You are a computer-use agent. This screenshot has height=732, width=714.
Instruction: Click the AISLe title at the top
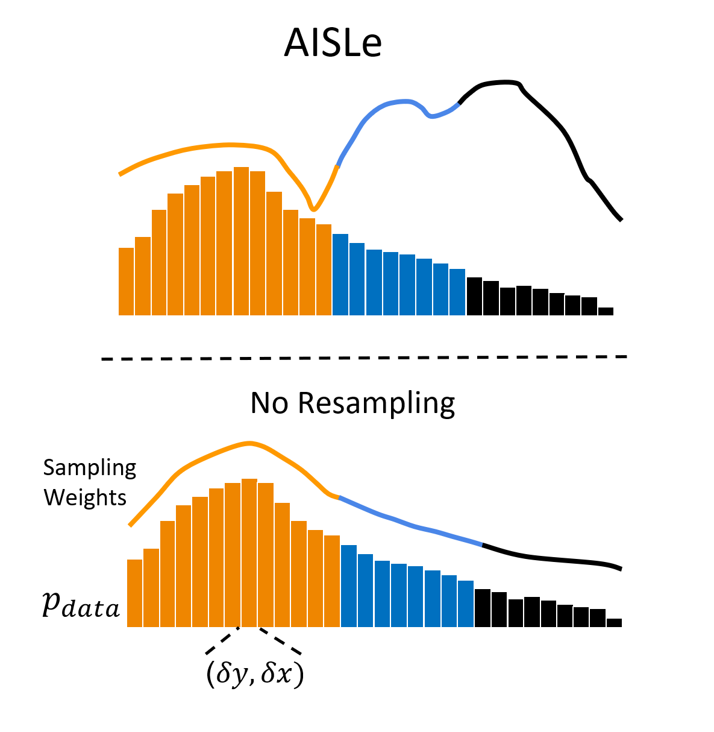click(x=333, y=43)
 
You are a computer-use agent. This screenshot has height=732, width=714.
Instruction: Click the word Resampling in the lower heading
click(x=376, y=404)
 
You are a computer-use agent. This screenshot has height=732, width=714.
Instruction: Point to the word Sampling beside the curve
click(x=90, y=468)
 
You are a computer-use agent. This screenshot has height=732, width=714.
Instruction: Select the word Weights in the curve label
click(x=85, y=498)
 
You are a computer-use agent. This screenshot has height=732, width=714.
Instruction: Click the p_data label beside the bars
click(x=81, y=605)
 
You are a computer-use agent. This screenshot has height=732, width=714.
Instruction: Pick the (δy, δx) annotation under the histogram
click(x=254, y=674)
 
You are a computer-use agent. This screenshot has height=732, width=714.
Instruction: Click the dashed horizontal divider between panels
click(x=364, y=358)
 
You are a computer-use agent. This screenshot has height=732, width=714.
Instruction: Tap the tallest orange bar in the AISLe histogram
click(x=241, y=241)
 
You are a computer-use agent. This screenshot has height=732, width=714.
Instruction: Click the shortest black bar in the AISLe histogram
click(x=606, y=311)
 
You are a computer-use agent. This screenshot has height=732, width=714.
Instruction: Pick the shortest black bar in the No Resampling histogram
click(x=614, y=623)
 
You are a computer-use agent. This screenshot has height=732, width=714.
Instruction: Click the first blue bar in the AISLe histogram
click(x=340, y=274)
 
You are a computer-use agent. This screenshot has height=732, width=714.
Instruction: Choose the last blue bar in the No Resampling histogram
click(x=465, y=604)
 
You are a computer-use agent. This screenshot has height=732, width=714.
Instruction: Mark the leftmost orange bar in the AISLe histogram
click(x=126, y=282)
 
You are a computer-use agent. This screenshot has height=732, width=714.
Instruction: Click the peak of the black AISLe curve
click(x=501, y=81)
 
